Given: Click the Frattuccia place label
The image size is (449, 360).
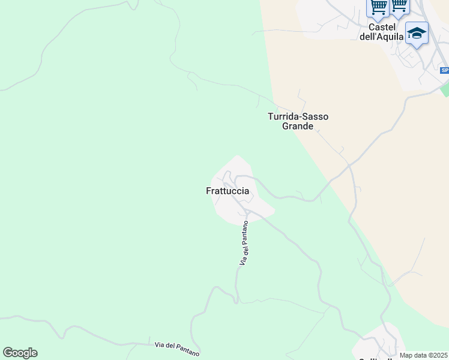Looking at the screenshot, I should [x=227, y=191].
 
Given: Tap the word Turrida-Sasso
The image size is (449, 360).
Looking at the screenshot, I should [x=298, y=116].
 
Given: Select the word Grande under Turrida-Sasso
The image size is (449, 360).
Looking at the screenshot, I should [x=298, y=127].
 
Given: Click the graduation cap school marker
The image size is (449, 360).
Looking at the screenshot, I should [x=416, y=34].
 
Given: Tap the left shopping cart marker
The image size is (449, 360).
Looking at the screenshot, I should [x=378, y=7].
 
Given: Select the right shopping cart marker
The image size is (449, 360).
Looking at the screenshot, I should [x=399, y=6].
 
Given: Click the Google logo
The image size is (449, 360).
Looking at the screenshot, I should [x=20, y=353].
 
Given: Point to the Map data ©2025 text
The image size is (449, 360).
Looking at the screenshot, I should [x=424, y=355].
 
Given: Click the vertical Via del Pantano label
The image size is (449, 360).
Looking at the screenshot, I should [x=244, y=243].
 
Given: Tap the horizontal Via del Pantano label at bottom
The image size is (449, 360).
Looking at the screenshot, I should [x=177, y=347].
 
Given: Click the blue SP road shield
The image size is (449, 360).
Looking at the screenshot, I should [x=444, y=70].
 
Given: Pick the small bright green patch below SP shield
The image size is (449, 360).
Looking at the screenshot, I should [x=445, y=90].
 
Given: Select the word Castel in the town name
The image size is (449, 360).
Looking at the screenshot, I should [x=382, y=27].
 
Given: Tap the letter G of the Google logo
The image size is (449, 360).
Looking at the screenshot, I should [x=8, y=353].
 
